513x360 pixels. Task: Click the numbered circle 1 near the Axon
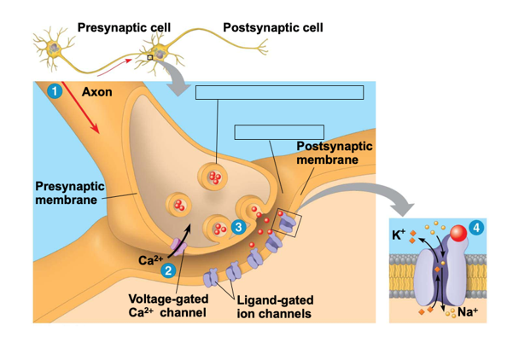[55, 91]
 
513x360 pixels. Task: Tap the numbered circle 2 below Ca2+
[169, 270]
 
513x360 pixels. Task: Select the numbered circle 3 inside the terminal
[238, 226]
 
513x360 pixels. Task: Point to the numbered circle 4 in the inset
[475, 228]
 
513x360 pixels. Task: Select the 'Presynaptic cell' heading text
[124, 27]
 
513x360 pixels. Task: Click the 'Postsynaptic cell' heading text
[272, 27]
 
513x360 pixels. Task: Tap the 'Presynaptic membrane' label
[69, 193]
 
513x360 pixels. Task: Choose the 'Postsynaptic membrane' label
[334, 153]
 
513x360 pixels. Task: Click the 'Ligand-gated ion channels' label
[274, 307]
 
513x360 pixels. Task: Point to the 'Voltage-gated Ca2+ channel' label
[167, 306]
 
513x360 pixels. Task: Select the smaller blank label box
[279, 131]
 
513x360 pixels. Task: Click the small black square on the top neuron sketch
[150, 57]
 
